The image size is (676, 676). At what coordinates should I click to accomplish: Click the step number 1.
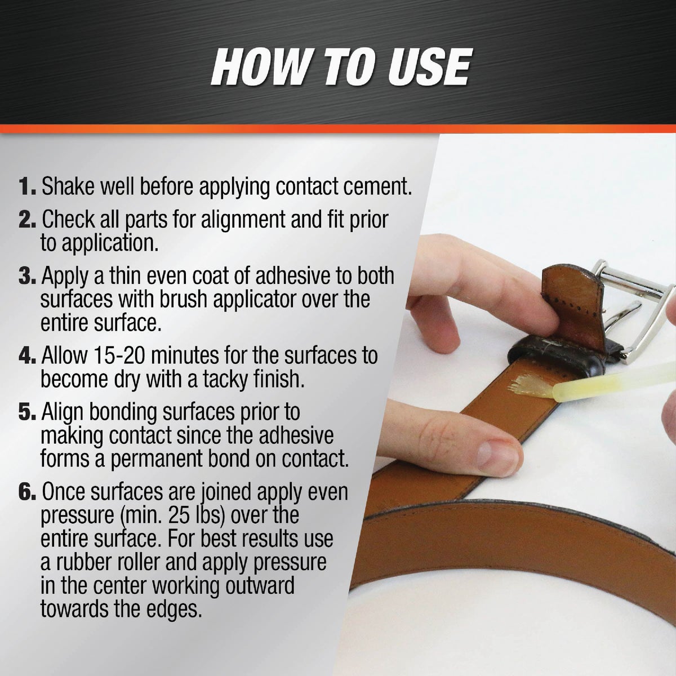click(x=28, y=186)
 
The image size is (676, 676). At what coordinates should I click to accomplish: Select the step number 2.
click(x=28, y=219)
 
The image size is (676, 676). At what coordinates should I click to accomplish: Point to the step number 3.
click(x=28, y=276)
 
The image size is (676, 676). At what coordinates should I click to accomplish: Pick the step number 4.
click(x=28, y=355)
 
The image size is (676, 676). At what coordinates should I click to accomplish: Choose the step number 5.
click(x=28, y=412)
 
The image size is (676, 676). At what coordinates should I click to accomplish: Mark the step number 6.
click(x=28, y=492)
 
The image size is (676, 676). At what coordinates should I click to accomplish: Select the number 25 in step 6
click(x=180, y=515)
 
